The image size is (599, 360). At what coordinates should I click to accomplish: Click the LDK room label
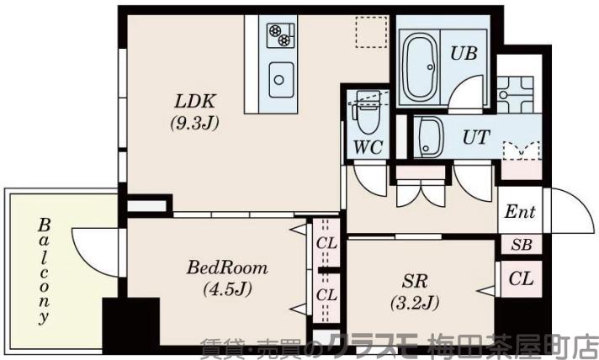(x=196, y=102)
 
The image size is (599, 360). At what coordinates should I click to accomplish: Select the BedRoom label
(x=227, y=268)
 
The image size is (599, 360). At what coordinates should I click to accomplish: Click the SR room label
(x=412, y=280)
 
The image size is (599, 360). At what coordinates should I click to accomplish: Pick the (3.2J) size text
(x=412, y=300)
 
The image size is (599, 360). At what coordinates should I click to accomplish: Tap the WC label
(x=368, y=146)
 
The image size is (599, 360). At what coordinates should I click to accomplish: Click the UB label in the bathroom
(x=464, y=53)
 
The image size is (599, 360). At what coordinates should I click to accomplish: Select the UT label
(x=476, y=137)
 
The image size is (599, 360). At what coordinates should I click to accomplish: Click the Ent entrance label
(x=520, y=212)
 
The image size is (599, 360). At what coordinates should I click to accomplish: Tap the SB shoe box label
(x=521, y=245)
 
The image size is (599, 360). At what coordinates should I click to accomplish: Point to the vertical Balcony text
(x=44, y=271)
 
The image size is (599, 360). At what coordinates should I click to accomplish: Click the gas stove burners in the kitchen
(x=280, y=35)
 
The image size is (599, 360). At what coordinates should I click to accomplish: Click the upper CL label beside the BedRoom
(x=326, y=245)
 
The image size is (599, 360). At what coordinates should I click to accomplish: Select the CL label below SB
(x=521, y=278)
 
